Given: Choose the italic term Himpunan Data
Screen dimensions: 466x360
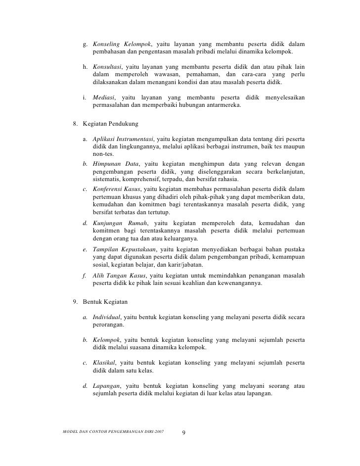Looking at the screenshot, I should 116,163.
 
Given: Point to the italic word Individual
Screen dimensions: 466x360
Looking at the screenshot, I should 107,317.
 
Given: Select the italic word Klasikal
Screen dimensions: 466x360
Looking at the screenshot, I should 103,363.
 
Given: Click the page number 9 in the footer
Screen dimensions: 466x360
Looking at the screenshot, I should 183,433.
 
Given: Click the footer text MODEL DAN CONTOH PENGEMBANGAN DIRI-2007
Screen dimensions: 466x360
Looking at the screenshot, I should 111,432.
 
